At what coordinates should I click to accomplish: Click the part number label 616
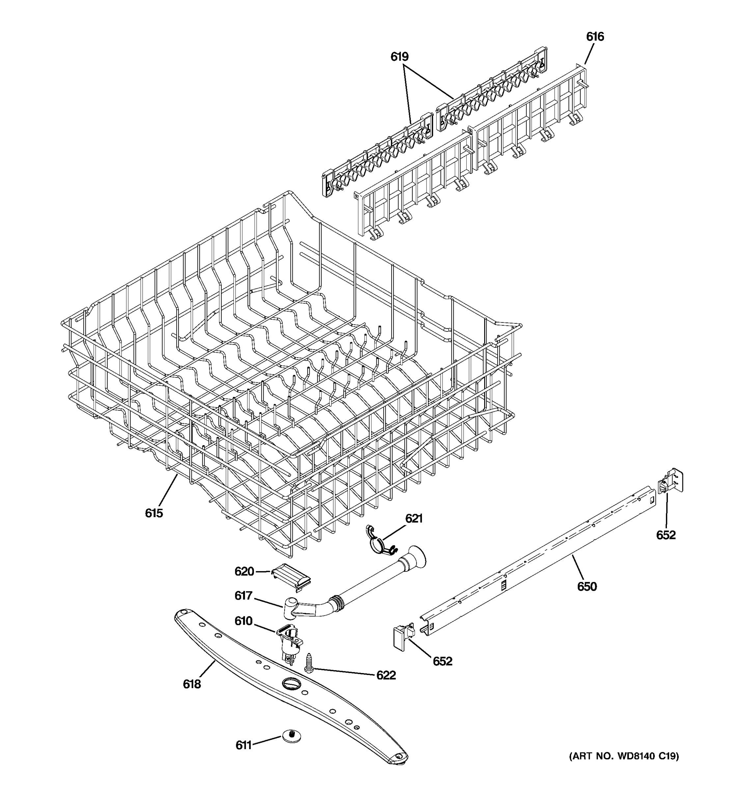pyautogui.click(x=595, y=37)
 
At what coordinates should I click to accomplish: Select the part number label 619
pyautogui.click(x=399, y=57)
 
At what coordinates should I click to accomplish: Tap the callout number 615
pyautogui.click(x=154, y=513)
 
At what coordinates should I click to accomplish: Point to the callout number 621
pyautogui.click(x=414, y=518)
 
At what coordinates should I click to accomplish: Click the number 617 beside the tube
pyautogui.click(x=243, y=595)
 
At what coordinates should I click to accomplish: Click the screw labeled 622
pyautogui.click(x=309, y=662)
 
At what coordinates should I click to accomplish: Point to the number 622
pyautogui.click(x=386, y=675)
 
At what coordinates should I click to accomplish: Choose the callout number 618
pyautogui.click(x=192, y=684)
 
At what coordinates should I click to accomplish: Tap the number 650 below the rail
pyautogui.click(x=587, y=586)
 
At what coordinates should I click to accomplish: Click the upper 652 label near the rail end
pyautogui.click(x=666, y=535)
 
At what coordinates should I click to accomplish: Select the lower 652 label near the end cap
pyautogui.click(x=442, y=661)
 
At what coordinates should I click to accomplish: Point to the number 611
pyautogui.click(x=243, y=745)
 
